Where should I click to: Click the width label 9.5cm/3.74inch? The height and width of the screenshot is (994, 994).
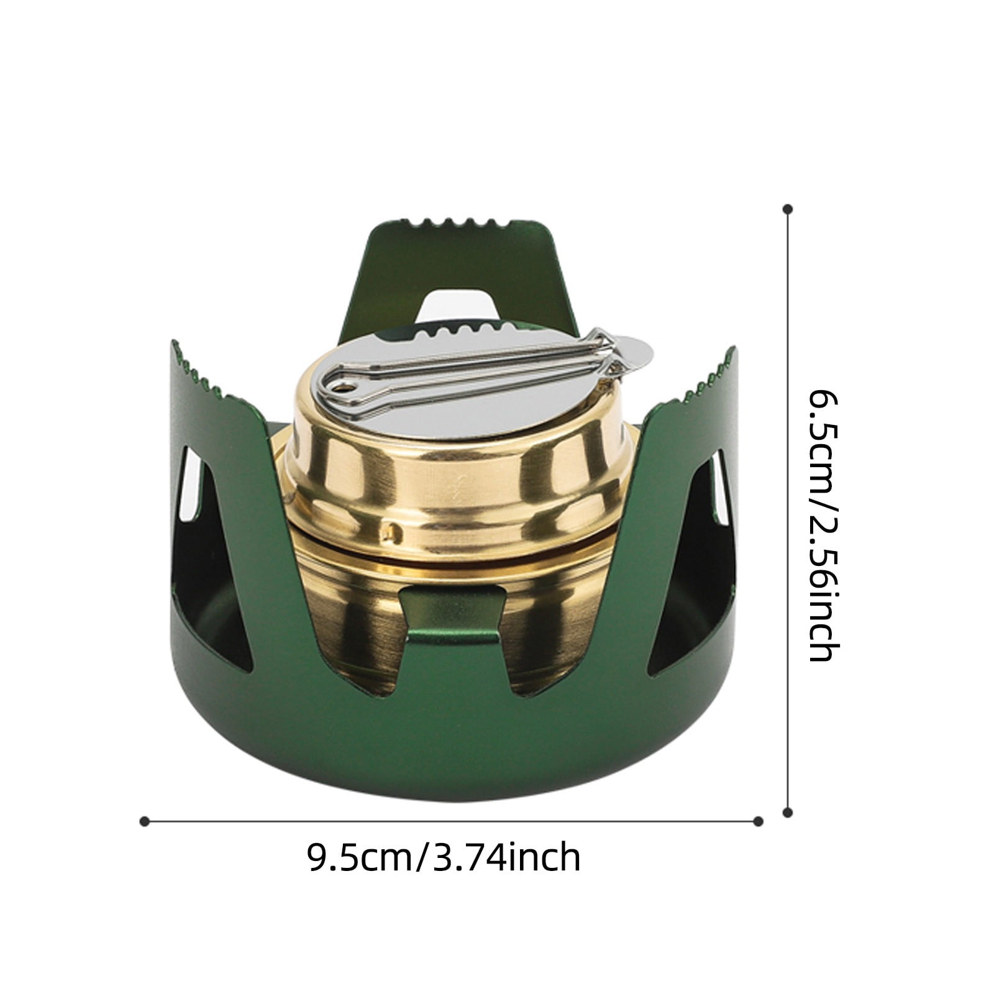coord(444,857)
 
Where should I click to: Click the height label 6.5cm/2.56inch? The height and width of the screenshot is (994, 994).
coord(824,525)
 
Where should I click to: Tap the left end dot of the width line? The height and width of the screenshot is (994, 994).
coord(144,821)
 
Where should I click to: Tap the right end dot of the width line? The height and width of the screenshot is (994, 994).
coord(758,821)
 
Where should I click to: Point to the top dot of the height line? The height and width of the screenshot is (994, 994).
coord(788,209)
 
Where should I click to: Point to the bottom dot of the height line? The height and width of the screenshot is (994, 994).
coord(788,812)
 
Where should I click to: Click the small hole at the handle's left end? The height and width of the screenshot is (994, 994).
coord(340,388)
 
